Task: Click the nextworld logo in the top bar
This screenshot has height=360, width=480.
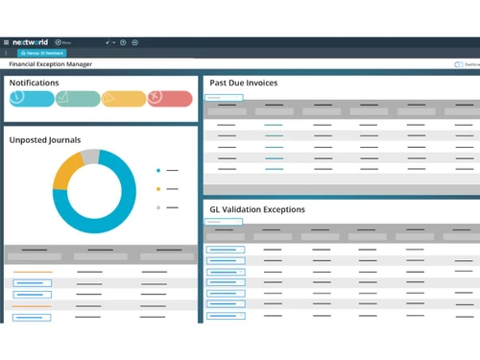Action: (x=31, y=42)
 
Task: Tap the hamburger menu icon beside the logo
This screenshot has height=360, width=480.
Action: (x=5, y=42)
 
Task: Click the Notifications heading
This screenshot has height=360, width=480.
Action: (x=35, y=84)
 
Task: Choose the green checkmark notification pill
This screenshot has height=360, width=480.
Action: (x=78, y=98)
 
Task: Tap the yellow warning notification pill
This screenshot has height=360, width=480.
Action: (x=124, y=98)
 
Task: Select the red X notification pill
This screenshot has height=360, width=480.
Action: (x=170, y=98)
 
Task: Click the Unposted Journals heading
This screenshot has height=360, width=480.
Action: (x=45, y=140)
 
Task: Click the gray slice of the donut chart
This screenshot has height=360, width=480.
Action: (x=89, y=156)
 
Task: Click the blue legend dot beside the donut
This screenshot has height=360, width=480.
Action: (x=157, y=170)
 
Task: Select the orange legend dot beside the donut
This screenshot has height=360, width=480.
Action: (x=157, y=188)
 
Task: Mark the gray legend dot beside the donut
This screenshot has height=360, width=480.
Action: (x=157, y=206)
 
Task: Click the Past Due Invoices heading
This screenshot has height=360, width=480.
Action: (x=244, y=84)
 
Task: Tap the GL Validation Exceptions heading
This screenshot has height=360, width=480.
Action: (x=257, y=208)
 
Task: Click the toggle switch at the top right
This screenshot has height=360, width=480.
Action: (x=459, y=64)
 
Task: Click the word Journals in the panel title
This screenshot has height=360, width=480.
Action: (x=63, y=140)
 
